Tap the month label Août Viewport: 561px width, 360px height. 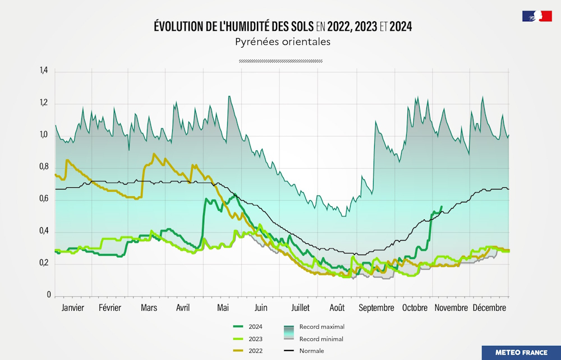(x=337, y=308)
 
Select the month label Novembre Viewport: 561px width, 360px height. (x=451, y=308)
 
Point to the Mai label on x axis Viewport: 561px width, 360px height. (x=223, y=308)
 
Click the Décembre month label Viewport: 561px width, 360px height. (x=489, y=308)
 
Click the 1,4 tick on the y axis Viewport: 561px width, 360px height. (x=44, y=71)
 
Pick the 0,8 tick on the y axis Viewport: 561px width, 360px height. (x=44, y=167)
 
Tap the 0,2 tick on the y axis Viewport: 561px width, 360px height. (x=44, y=264)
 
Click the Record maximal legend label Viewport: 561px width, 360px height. (x=321, y=326)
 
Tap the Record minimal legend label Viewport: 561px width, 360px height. (x=321, y=339)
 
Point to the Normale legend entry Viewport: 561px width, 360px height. (x=311, y=351)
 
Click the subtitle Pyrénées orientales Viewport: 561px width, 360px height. (x=281, y=42)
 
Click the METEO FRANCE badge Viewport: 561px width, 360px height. (x=521, y=353)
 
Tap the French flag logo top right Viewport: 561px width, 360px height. (x=537, y=16)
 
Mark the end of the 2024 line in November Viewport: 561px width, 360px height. (x=442, y=207)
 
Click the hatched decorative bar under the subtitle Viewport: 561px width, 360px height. (x=280, y=61)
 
